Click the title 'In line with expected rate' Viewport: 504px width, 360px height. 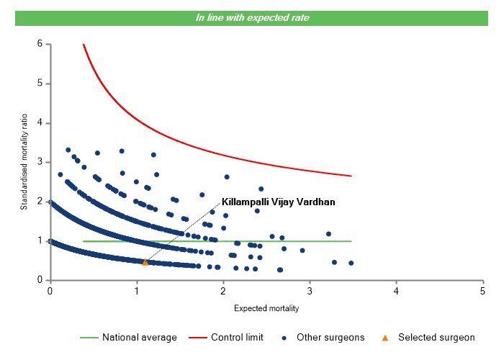coord(252,17)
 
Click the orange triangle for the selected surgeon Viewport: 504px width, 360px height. coord(145,262)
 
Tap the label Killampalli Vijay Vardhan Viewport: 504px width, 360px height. coord(279,202)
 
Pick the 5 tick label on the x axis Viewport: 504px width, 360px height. coord(482,291)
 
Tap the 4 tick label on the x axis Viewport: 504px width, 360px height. coord(396,291)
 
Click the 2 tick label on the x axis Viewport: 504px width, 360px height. coord(223,291)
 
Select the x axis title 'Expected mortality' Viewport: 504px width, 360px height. coord(266,309)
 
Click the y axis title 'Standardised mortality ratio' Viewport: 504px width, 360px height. coord(24,162)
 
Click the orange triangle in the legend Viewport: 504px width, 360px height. coord(384,337)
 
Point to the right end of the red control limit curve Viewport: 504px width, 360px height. coord(351,176)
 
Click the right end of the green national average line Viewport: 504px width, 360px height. coord(351,241)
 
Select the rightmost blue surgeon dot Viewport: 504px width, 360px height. coord(351,263)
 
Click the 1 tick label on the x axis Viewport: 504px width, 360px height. coord(137,291)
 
